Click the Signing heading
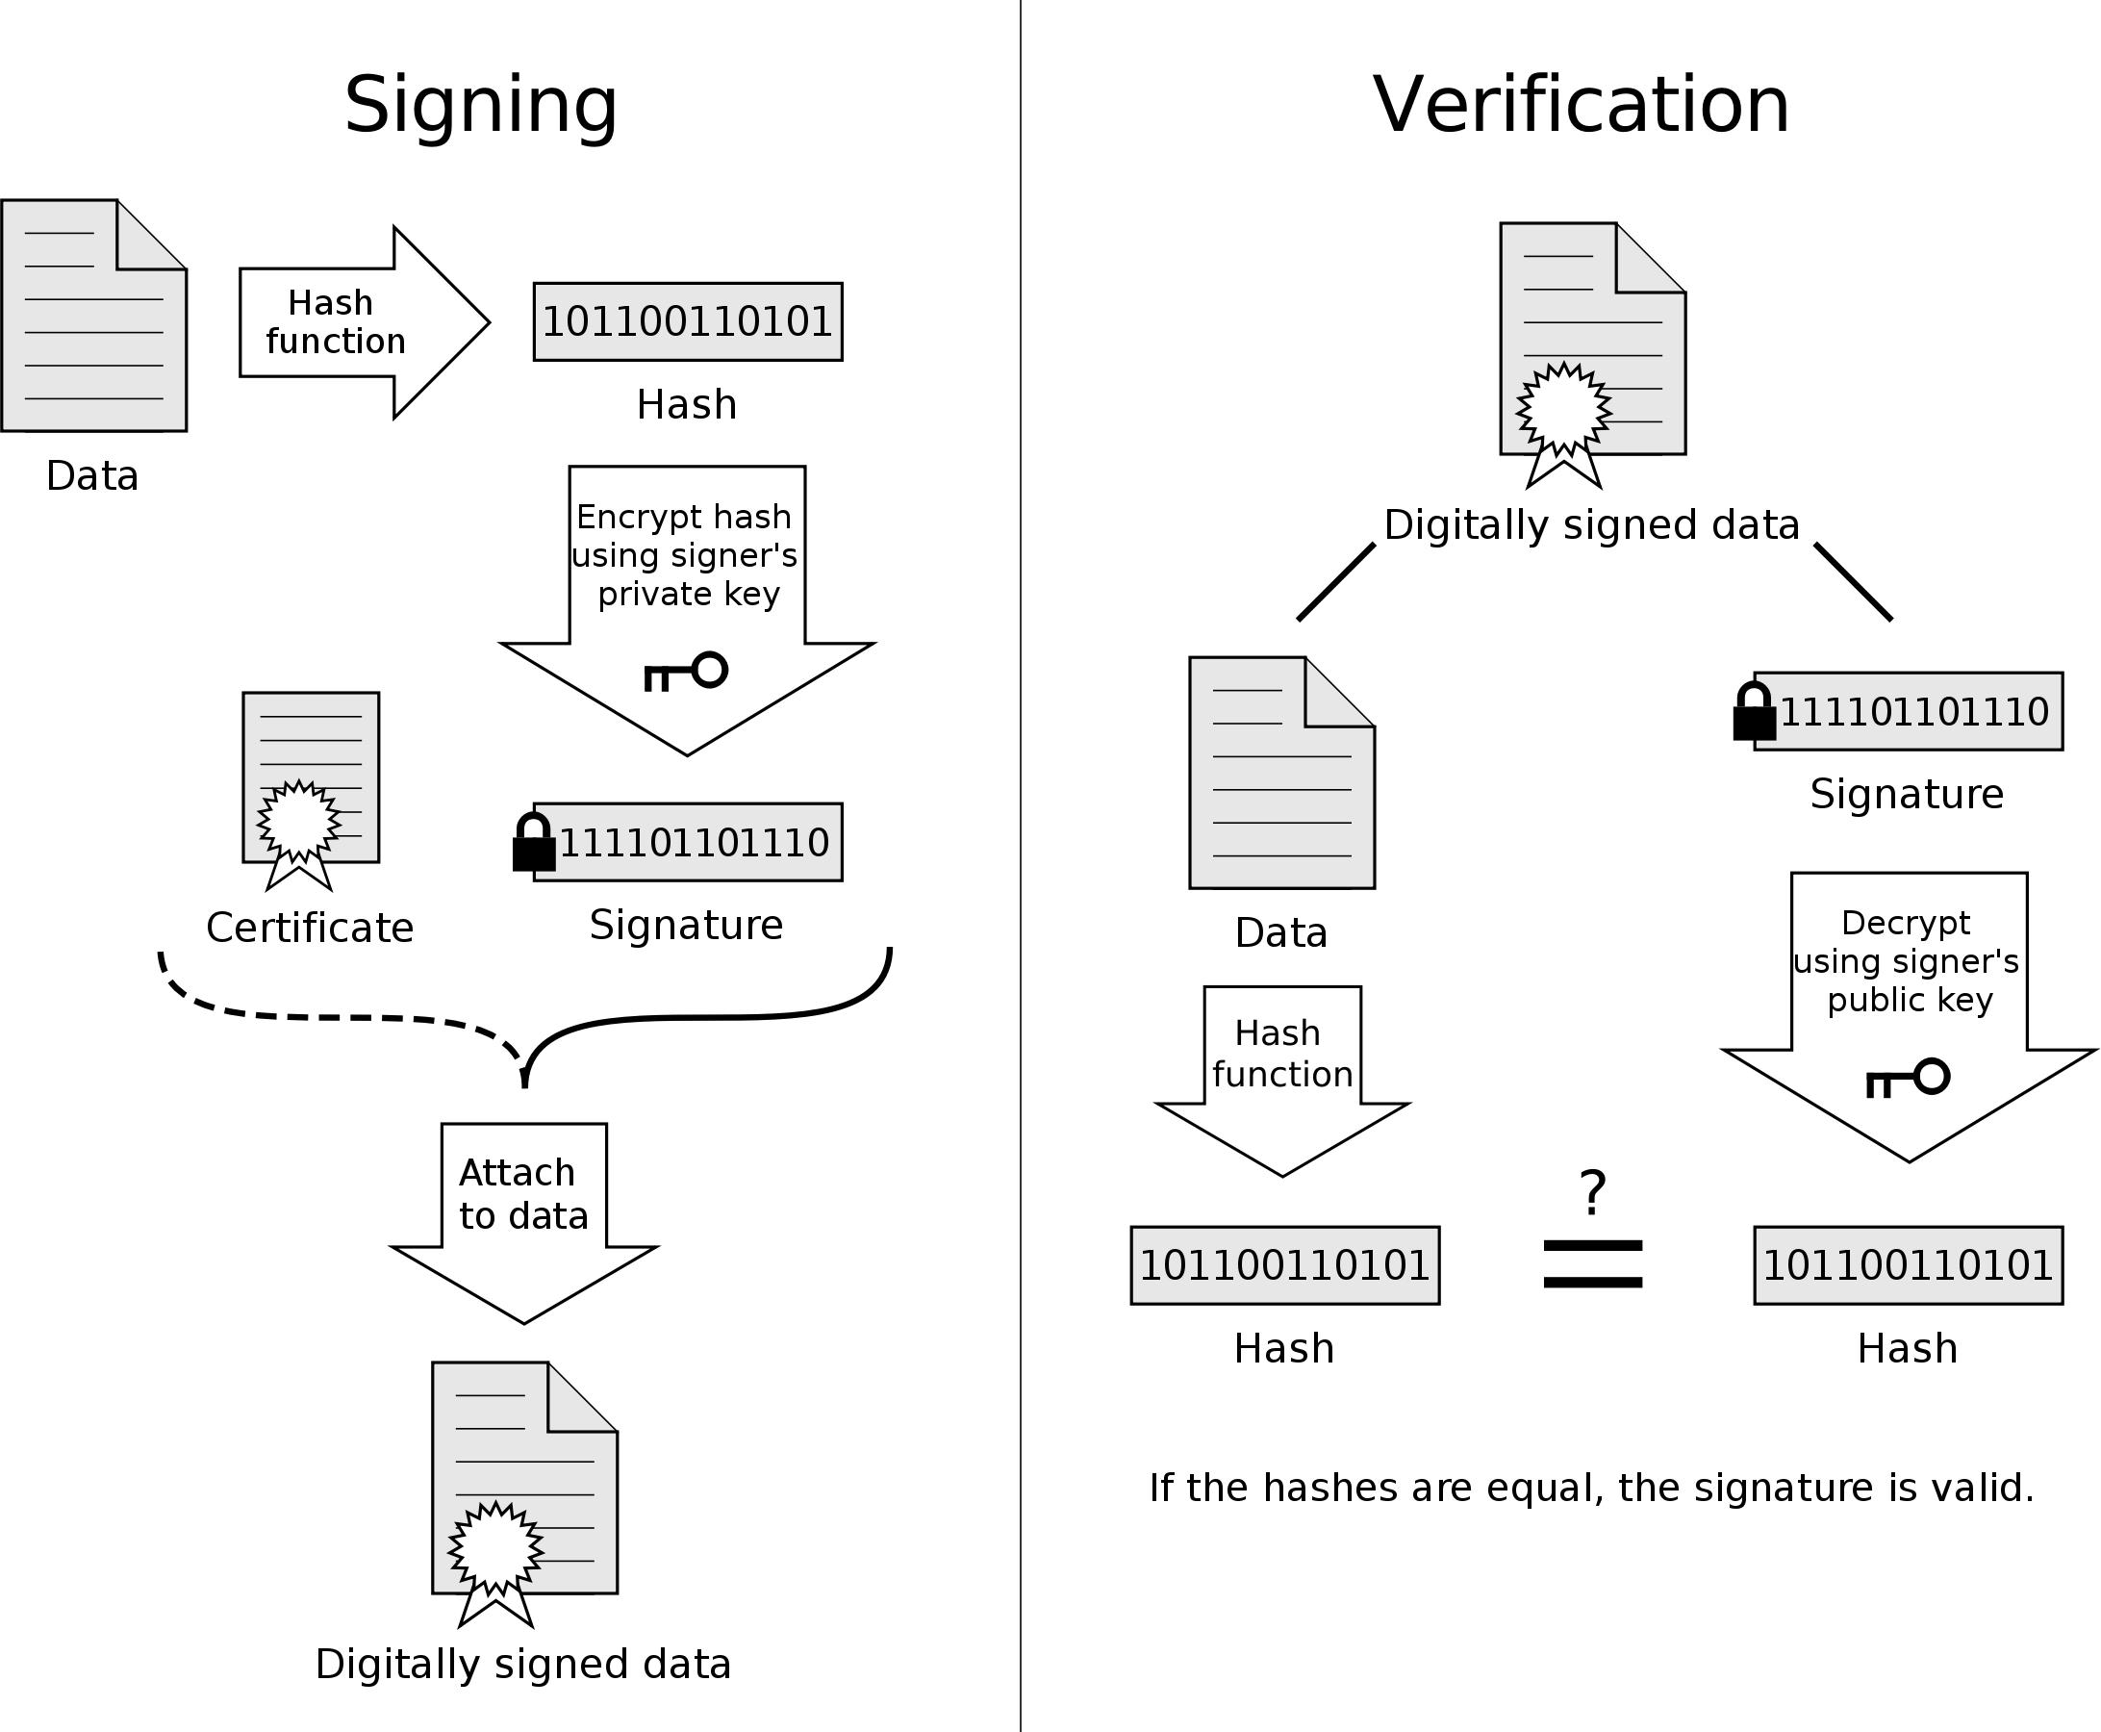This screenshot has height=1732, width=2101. coord(480,105)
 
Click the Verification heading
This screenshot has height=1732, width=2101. coord(1581,105)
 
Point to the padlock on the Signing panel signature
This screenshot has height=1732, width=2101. coord(534,843)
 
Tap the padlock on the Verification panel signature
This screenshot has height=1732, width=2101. coord(1754,712)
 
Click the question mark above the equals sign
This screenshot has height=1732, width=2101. coord(1593,1192)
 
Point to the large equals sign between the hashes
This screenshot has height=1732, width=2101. coord(1592,1264)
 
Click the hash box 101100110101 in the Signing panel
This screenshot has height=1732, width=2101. coord(688,322)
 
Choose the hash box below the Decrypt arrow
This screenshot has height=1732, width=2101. coord(1908,1265)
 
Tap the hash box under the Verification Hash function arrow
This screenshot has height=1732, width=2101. coord(1284,1265)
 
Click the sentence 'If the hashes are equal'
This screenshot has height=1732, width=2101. coord(1591,1488)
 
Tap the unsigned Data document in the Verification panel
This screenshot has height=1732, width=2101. coord(1281,774)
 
